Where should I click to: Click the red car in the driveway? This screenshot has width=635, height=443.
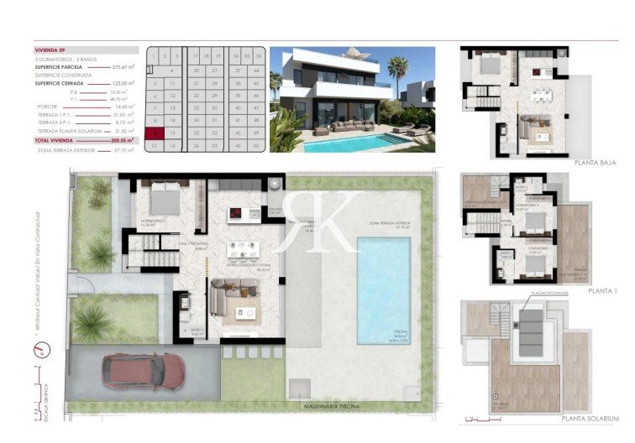coord(143,371)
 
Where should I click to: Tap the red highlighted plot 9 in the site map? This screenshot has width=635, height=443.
coord(154,133)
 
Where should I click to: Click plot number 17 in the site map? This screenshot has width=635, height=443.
coord(194,56)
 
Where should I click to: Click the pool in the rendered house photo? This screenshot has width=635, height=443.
coord(361,143)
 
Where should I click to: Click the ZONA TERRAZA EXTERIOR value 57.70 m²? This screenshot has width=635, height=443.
coord(123,150)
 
